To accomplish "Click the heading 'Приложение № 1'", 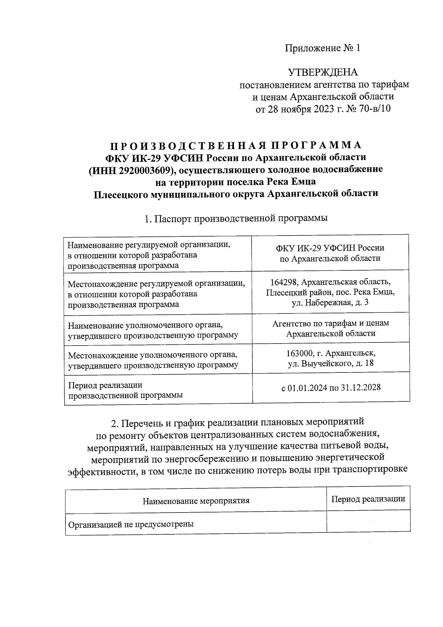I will tap(322, 48).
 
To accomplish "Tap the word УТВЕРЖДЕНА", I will tap(323, 72).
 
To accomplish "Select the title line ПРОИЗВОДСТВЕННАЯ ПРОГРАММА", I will tap(236, 145).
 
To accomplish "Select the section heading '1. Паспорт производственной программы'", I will tap(236, 218).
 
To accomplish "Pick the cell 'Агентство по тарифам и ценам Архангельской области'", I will tap(330, 328).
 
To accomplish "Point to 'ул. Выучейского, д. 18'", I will tap(330, 363).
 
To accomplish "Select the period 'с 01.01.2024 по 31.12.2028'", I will tap(331, 388).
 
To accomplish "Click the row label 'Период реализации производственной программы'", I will tap(126, 390).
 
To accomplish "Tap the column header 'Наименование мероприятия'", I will tap(196, 501).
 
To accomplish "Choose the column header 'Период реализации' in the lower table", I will tap(368, 499).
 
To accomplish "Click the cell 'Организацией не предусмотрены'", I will tap(131, 524).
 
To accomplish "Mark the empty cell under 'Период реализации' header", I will tap(368, 521).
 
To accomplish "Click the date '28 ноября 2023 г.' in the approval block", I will tap(306, 109).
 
